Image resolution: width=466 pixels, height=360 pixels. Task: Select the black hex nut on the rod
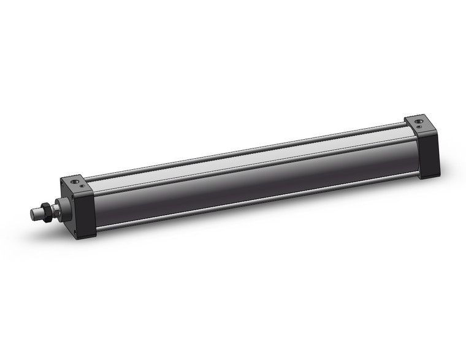tap(46, 212)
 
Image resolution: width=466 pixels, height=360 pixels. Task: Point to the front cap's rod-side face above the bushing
tap(65, 191)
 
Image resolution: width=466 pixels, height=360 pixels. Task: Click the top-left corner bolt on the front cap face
tap(62, 184)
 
